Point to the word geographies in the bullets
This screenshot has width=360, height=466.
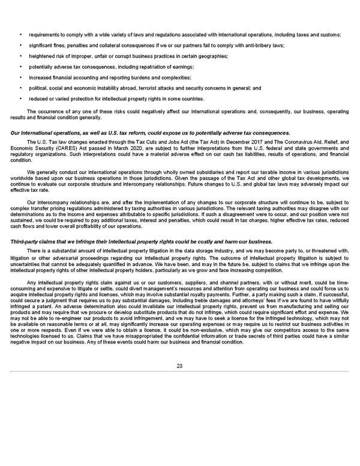pos(210,56)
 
